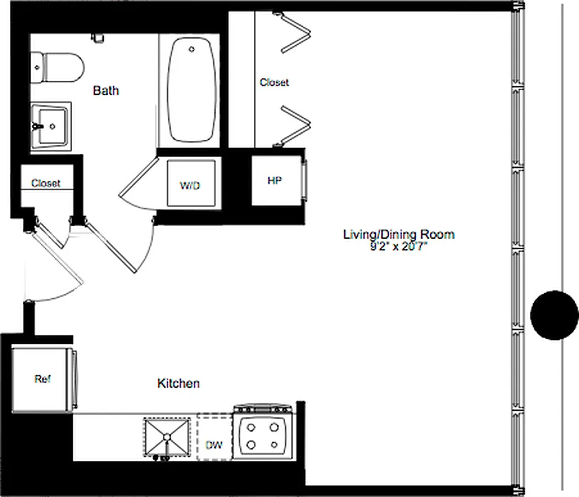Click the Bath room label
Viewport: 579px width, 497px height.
click(106, 91)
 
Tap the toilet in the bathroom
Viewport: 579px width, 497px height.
click(60, 68)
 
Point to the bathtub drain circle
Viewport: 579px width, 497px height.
click(193, 48)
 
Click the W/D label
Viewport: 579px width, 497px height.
click(190, 186)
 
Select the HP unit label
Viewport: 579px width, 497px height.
click(274, 181)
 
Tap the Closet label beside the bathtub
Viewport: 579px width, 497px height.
click(274, 83)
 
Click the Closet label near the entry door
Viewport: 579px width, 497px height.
click(45, 183)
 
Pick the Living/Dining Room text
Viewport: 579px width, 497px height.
click(399, 234)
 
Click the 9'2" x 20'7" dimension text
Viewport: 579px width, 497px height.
click(399, 246)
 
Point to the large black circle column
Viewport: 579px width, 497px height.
click(554, 315)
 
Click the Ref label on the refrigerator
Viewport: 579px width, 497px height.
click(42, 379)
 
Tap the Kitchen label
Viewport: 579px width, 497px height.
click(178, 383)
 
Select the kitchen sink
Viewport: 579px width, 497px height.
click(166, 437)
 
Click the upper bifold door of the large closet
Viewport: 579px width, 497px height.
click(294, 34)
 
